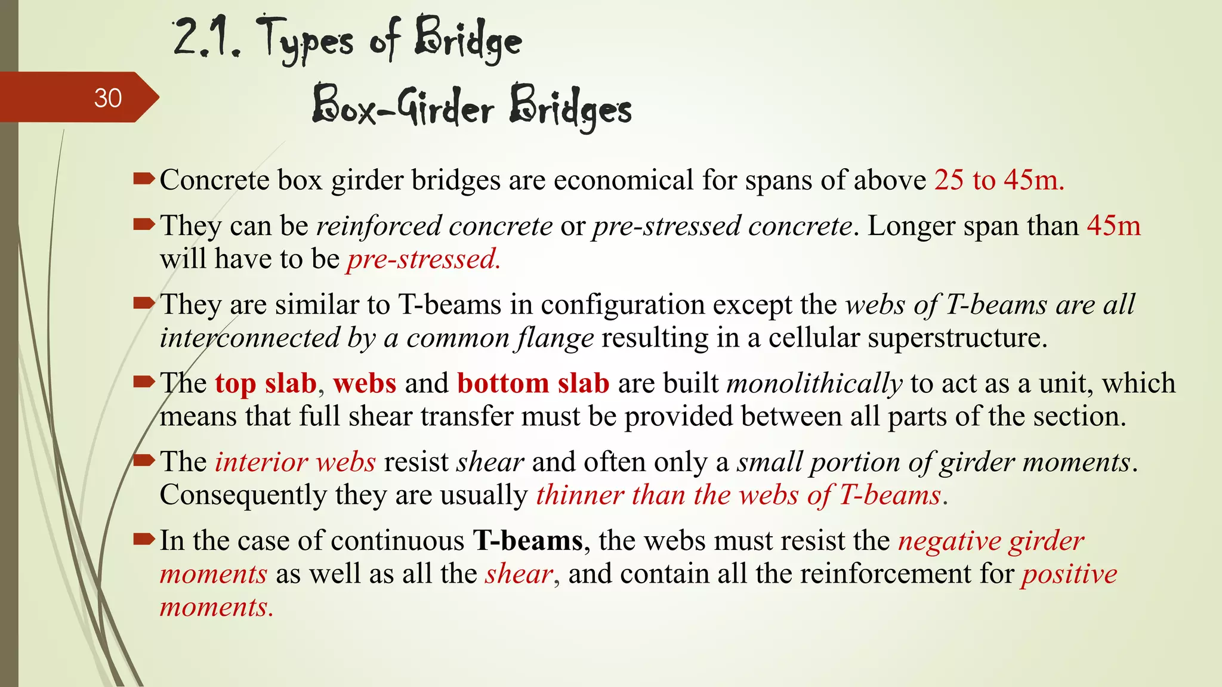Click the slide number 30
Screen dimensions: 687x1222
pyautogui.click(x=107, y=98)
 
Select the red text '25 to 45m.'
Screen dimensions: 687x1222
pyautogui.click(x=999, y=180)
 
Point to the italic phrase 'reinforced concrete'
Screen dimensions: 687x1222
pyautogui.click(x=434, y=226)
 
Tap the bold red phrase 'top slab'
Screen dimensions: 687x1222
pyautogui.click(x=266, y=383)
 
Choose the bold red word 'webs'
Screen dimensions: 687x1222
pyautogui.click(x=365, y=383)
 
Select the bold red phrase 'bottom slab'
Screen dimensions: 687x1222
pyautogui.click(x=533, y=383)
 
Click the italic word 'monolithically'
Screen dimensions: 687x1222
pyautogui.click(x=814, y=383)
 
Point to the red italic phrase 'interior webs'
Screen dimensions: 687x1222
pyautogui.click(x=295, y=462)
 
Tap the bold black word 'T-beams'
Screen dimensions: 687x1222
pyautogui.click(x=527, y=541)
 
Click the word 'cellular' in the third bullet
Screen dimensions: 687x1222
pyautogui.click(x=814, y=338)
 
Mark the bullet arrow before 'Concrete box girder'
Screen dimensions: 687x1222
pyautogui.click(x=144, y=178)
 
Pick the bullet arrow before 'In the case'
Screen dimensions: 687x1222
pyautogui.click(x=144, y=539)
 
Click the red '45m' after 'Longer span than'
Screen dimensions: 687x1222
pyautogui.click(x=1113, y=226)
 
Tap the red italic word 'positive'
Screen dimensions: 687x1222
pyautogui.click(x=1069, y=574)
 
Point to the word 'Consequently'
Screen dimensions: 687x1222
pyautogui.click(x=243, y=495)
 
